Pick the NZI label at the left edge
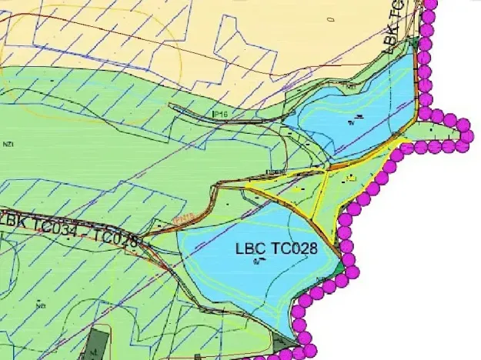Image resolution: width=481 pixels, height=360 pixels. [8, 143]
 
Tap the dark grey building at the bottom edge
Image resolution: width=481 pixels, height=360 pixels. [98, 344]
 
